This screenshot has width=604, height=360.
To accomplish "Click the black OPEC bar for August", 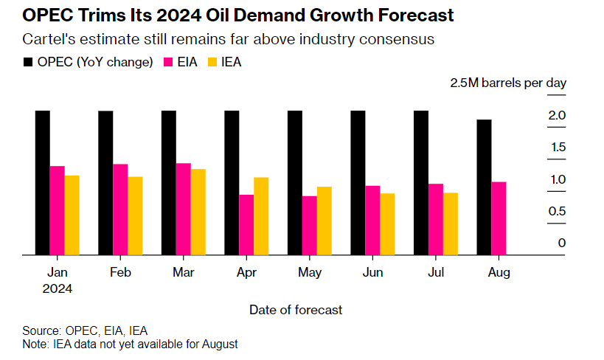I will [484, 187].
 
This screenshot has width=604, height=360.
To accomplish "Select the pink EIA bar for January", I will [57, 210].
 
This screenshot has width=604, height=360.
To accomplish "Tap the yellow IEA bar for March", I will [198, 212].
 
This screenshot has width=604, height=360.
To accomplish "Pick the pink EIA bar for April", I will [246, 224].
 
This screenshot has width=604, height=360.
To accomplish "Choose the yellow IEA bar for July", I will [450, 224].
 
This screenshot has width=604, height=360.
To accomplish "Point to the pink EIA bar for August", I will [499, 218].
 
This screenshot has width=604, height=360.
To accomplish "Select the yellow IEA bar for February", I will [135, 215].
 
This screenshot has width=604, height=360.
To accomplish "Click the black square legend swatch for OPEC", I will [29, 63].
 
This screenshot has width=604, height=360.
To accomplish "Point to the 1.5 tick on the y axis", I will [557, 148].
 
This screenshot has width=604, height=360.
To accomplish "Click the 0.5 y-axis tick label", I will [557, 212].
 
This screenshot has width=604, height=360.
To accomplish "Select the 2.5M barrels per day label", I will [508, 83].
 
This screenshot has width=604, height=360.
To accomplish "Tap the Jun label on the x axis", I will [373, 272].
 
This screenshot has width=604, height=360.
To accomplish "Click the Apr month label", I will [247, 272].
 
